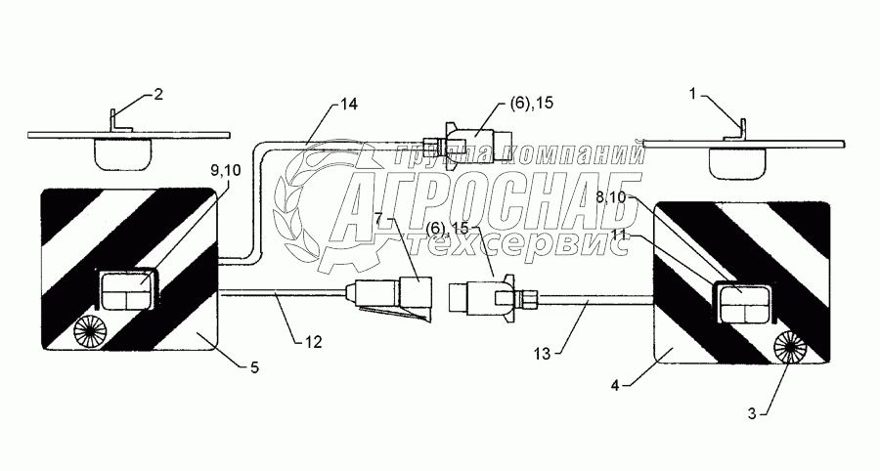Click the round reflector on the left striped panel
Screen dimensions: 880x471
point(93,330)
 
